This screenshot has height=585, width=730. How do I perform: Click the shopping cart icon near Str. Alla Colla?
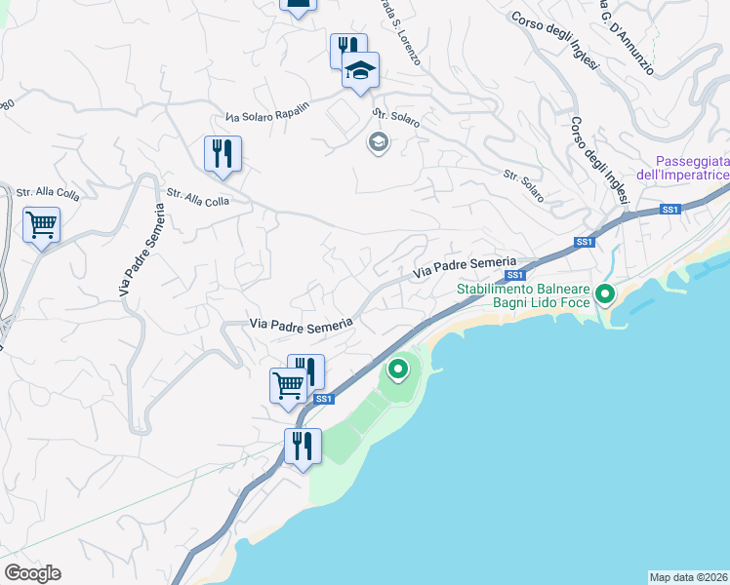tap(42, 225)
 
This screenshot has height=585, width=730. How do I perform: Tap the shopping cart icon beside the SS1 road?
tap(288, 385)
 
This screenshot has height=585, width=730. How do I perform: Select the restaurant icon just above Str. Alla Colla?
tap(223, 154)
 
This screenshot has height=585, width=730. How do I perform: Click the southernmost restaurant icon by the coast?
tap(303, 446)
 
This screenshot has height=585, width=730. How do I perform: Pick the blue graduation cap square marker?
tap(360, 70)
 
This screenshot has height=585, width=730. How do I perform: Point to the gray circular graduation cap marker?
tap(378, 143)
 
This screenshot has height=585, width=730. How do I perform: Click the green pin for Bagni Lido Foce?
tap(605, 292)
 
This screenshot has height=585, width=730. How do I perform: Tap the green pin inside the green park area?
tap(398, 370)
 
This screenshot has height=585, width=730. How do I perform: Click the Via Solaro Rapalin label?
tap(266, 110)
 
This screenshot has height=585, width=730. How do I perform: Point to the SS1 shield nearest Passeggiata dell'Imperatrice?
tap(669, 209)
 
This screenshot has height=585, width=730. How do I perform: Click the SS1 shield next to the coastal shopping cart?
tap(324, 398)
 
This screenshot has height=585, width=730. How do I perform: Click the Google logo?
tap(32, 573)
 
